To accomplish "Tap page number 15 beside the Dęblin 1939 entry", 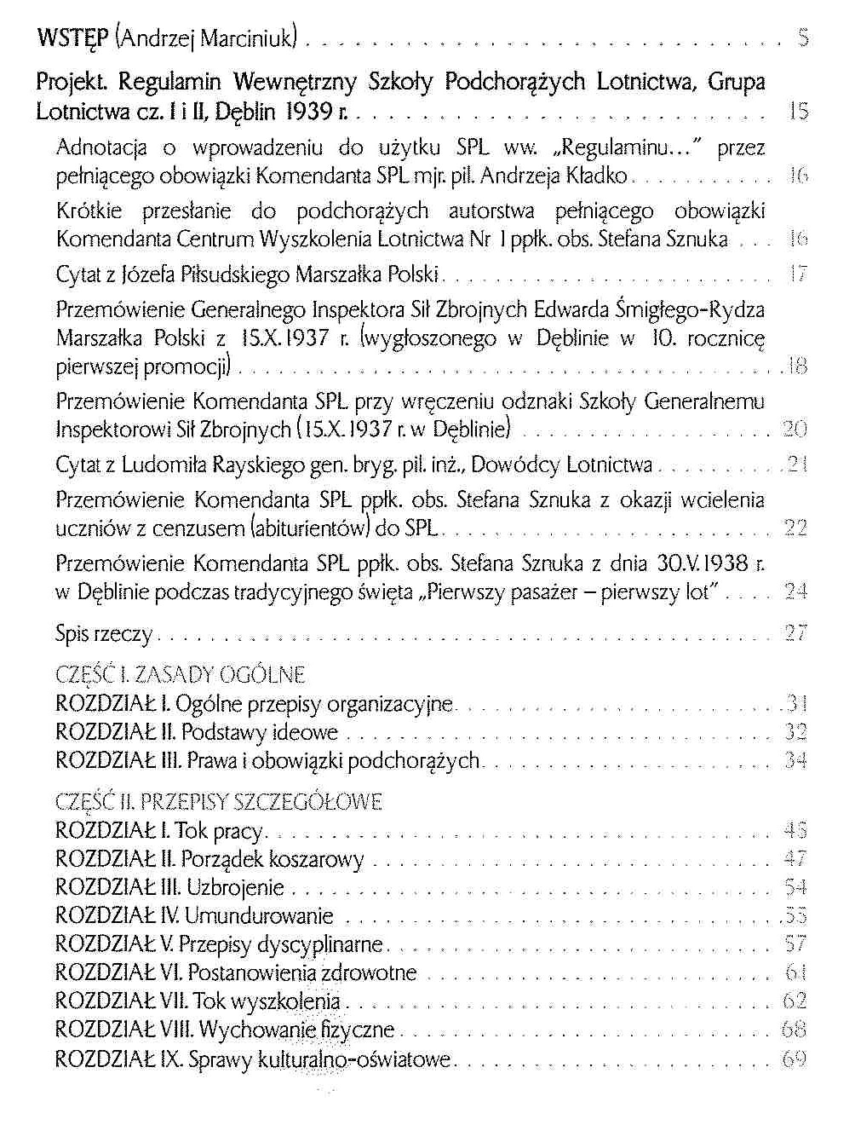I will (x=798, y=112).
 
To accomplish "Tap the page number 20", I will (x=795, y=430).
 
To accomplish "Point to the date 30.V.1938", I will (x=703, y=563).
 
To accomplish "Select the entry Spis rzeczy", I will (x=103, y=633).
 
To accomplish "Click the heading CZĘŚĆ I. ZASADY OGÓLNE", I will (x=180, y=676).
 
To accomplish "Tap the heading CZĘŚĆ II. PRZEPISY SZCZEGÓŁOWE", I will (x=219, y=802).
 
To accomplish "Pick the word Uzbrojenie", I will (x=235, y=887).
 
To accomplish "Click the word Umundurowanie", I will (x=259, y=916).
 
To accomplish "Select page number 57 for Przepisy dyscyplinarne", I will (x=795, y=944).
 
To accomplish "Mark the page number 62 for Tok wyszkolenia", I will (x=795, y=1001).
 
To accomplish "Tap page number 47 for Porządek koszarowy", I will (x=795, y=859).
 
